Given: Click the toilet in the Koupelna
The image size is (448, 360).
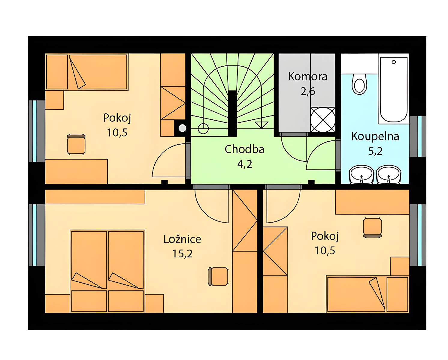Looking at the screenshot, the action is (359, 84).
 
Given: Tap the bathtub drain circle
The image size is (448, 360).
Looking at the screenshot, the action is (394, 62).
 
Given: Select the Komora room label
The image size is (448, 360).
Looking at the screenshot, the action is (308, 76).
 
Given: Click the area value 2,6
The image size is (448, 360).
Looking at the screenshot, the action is (308, 91).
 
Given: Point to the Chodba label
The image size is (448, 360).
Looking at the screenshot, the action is (244, 149).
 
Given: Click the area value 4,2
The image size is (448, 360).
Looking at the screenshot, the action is (245, 164).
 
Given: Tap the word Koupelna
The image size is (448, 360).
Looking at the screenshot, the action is (375, 136).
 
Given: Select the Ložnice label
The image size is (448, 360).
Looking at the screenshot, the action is (182, 239).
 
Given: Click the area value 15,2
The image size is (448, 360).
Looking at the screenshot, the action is (182, 254).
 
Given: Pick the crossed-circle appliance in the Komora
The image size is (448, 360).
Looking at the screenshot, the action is (323, 120).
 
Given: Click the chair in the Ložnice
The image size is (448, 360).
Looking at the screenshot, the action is (218, 276).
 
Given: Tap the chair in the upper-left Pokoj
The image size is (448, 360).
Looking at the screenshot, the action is (76, 144).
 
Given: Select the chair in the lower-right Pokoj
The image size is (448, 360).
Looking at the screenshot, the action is (372, 227).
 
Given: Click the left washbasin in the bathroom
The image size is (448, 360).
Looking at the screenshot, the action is (362, 174).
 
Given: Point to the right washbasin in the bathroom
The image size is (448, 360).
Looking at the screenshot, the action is (389, 174).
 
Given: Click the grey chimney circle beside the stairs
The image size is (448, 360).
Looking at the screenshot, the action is (182, 128).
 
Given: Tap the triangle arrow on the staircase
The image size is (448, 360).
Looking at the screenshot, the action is (262, 125).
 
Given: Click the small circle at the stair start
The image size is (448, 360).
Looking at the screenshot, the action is (203, 128).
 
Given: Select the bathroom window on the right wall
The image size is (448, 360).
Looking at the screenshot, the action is (418, 136).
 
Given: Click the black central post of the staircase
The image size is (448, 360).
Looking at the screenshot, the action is (232, 114).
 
